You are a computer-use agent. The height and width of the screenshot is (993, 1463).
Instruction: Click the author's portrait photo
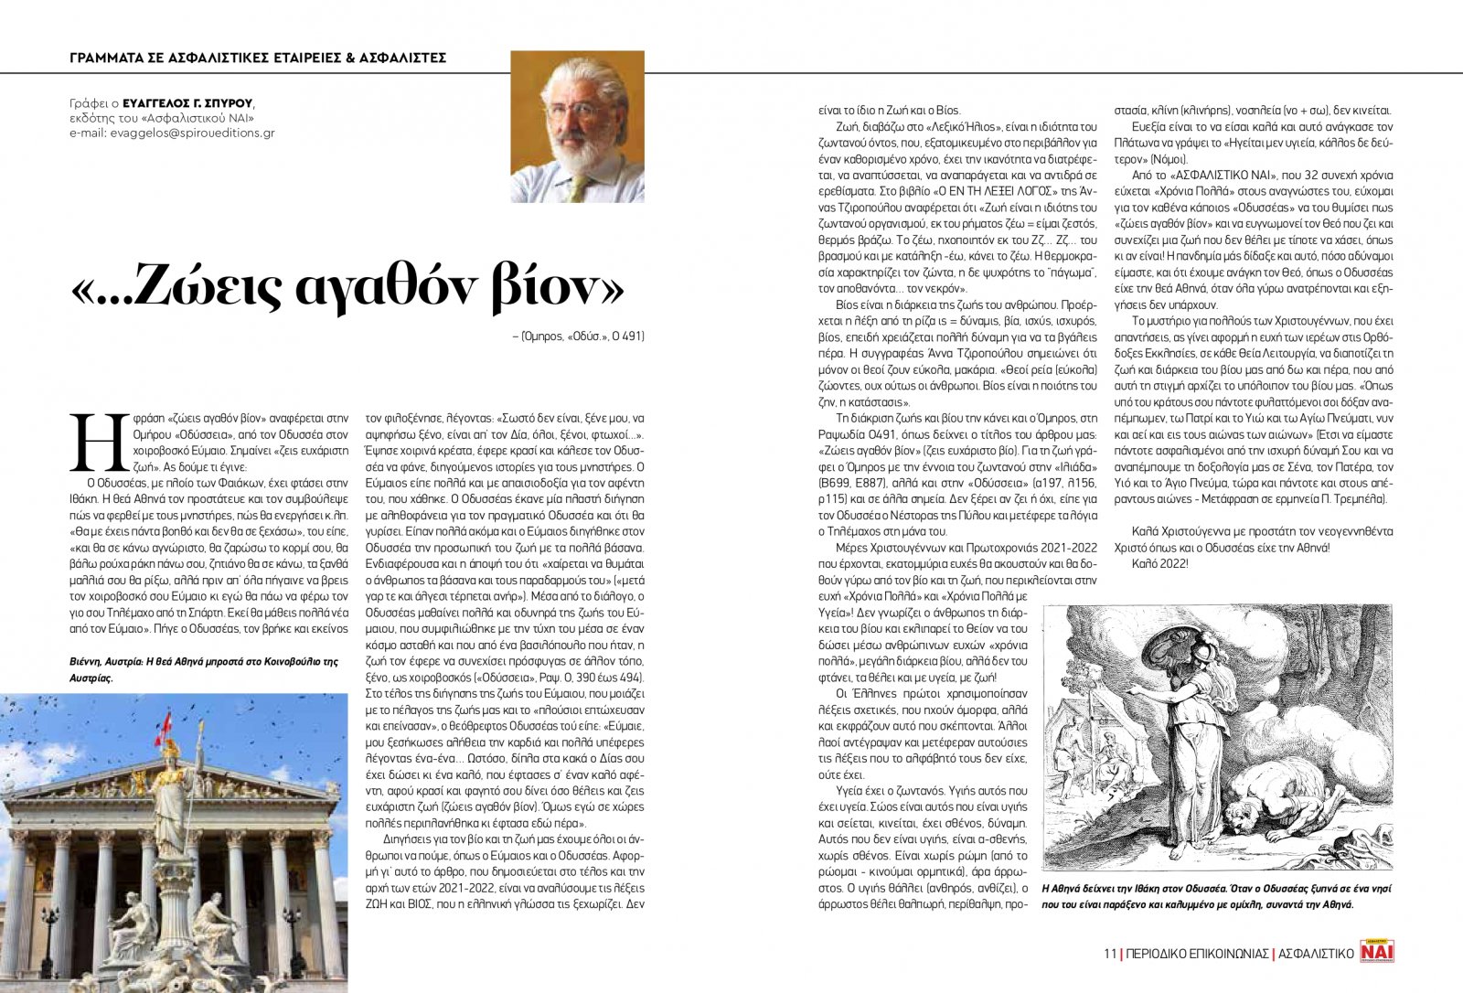(577, 126)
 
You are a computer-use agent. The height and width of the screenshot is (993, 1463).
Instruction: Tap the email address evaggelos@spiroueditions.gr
(172, 133)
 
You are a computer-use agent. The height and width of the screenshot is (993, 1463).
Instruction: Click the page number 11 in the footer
(1109, 953)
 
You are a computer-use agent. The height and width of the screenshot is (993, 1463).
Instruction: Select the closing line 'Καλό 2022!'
(1159, 563)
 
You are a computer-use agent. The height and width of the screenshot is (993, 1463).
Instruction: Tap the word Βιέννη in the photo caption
(87, 661)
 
